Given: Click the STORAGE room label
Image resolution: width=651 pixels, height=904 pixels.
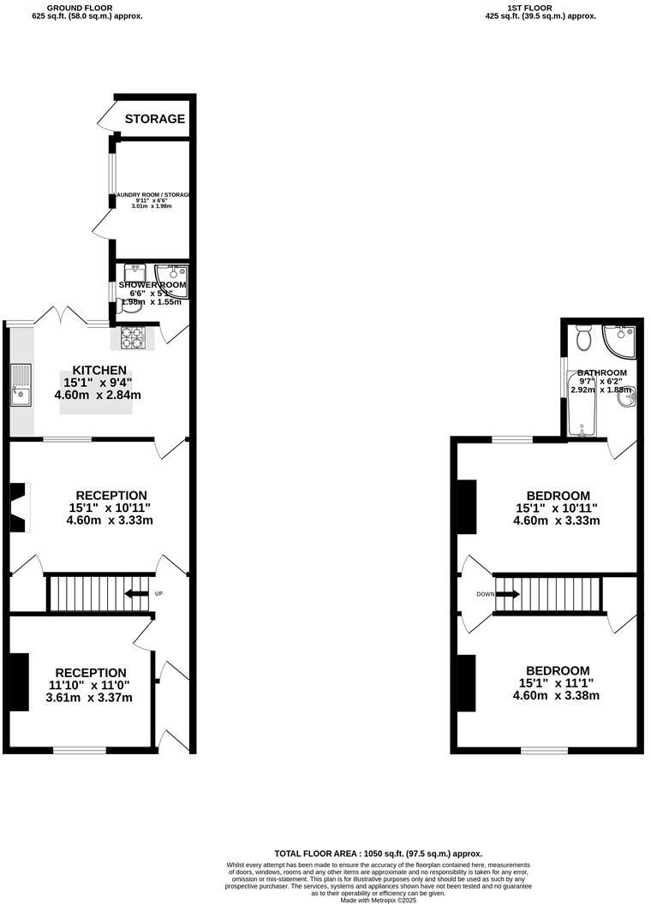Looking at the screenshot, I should tap(155, 119).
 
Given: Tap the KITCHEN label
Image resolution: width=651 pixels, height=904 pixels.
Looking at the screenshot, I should tap(99, 370).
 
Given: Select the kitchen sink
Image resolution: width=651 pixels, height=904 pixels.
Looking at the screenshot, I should tap(19, 384).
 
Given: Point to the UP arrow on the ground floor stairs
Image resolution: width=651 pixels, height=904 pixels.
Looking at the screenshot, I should tap(135, 593).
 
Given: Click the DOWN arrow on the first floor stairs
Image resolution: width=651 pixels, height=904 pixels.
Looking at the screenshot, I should tap(507, 593).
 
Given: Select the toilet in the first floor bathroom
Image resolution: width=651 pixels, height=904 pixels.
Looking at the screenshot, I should tap(584, 339).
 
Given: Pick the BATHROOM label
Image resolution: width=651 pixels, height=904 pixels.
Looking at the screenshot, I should tap(601, 373).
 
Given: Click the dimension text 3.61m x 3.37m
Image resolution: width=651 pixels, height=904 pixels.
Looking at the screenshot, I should tap(89, 698).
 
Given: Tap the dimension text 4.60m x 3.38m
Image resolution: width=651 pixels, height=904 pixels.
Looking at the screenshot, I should tap(557, 695).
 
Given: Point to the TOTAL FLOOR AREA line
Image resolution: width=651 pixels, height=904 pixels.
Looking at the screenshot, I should tap(378, 853).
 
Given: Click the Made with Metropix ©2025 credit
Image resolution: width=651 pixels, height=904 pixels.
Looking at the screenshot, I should tap(378, 900).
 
